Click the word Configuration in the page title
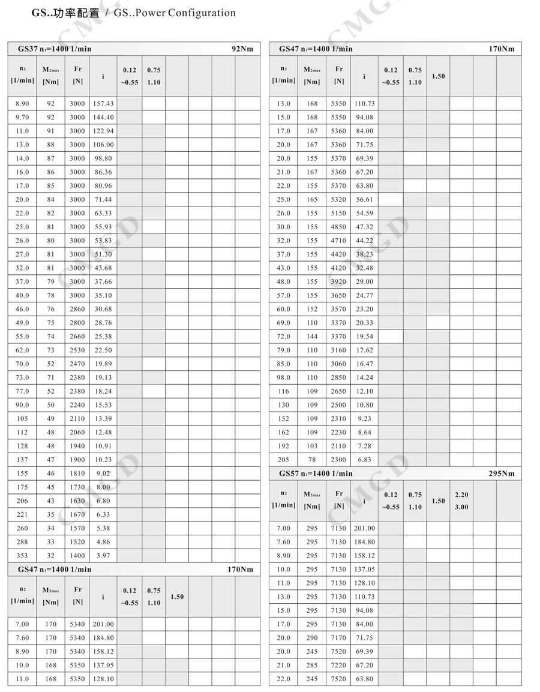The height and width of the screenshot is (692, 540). point(202,13)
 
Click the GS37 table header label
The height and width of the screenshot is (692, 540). point(28,49)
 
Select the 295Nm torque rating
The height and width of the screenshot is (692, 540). point(502,474)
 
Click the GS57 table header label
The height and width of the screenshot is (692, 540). point(290,474)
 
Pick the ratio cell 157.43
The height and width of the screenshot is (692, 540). point(103,103)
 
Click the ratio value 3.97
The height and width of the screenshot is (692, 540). point(103,556)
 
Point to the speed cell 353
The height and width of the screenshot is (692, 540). point(22,556)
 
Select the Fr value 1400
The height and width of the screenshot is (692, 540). point(77,556)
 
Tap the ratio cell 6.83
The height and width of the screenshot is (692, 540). point(364,460)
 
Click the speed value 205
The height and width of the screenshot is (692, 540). point(283,460)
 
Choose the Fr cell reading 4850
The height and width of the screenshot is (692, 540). point(339,227)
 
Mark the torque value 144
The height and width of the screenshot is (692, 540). point(312,337)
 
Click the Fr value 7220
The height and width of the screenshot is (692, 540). point(339,665)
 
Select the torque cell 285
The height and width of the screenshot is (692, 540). point(312,665)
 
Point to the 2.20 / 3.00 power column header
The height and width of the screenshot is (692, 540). point(461,501)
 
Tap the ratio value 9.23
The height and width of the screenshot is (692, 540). point(364,418)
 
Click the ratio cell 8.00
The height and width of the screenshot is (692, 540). point(103,487)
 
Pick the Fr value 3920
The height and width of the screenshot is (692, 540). point(339,281)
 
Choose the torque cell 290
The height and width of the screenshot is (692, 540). point(312,637)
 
